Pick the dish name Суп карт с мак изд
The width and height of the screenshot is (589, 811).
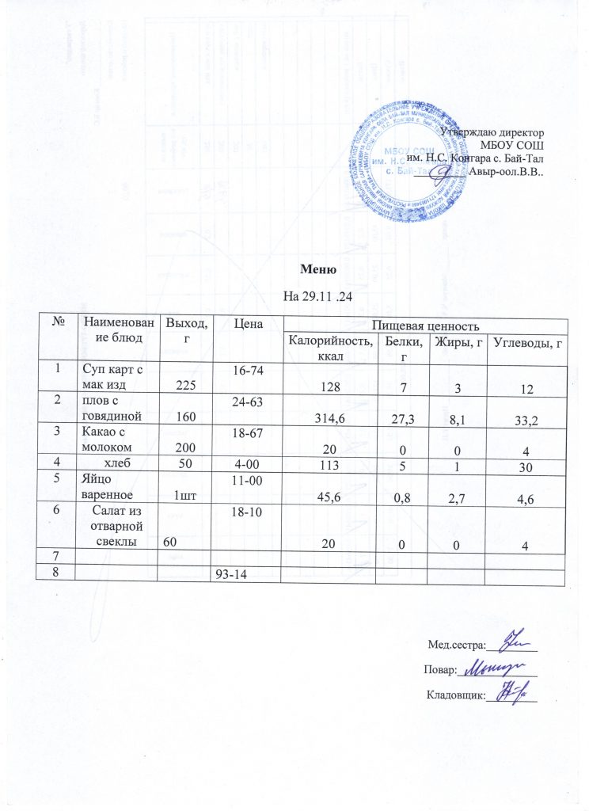coord(108,376)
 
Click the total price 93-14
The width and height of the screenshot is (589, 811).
coord(232,574)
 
